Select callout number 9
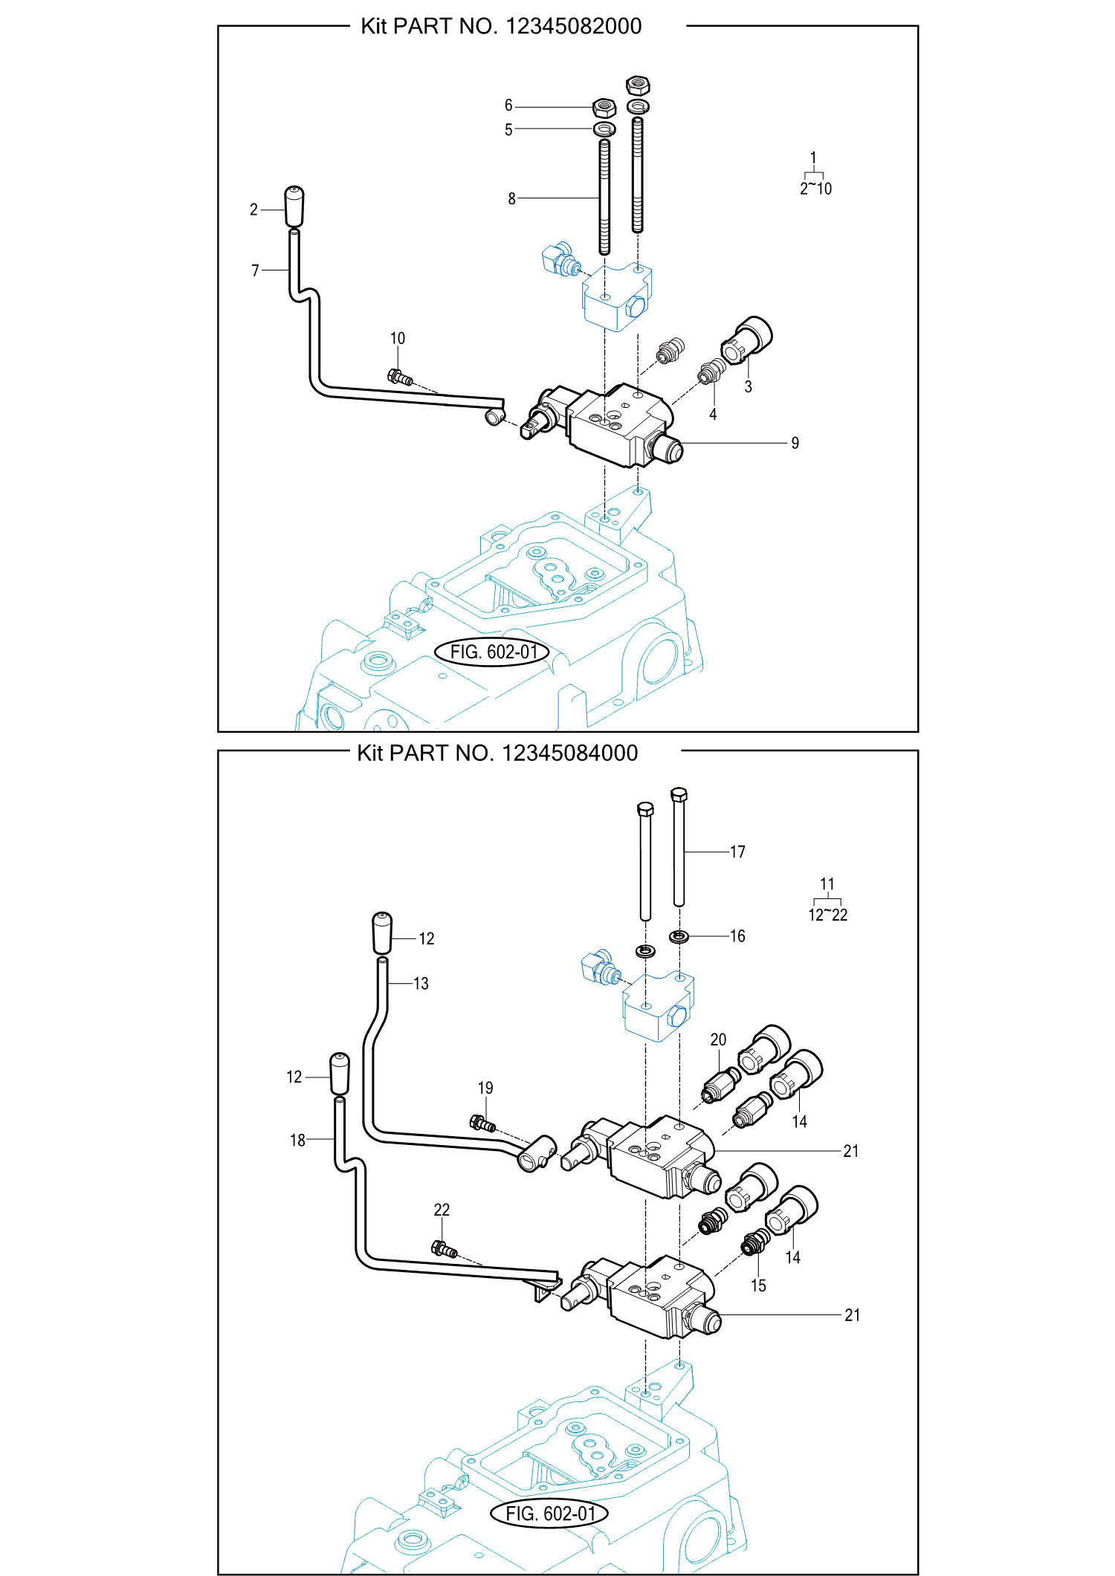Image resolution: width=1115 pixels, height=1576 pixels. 795,444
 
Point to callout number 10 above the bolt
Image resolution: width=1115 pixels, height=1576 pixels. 398,339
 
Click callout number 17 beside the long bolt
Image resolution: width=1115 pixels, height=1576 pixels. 737,852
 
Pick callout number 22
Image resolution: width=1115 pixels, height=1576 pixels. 442,1210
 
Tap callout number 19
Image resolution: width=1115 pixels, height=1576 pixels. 485,1088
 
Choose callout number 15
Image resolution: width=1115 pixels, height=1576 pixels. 758,1285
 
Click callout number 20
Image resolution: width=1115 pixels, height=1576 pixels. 718,1040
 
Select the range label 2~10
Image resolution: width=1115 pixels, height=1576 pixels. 815,189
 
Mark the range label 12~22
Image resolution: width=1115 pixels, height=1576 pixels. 827,915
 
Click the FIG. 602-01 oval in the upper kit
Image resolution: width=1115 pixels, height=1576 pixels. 493,652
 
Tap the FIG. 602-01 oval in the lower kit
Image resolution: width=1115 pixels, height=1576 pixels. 549,1514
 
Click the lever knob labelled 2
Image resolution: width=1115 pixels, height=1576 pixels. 294,206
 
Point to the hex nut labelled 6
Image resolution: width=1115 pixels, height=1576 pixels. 604,108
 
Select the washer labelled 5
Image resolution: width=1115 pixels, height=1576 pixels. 604,129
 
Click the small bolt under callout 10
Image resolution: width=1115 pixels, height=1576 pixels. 400,378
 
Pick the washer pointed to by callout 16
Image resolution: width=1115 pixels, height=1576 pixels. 679,936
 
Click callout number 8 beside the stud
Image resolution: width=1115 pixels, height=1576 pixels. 511,199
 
